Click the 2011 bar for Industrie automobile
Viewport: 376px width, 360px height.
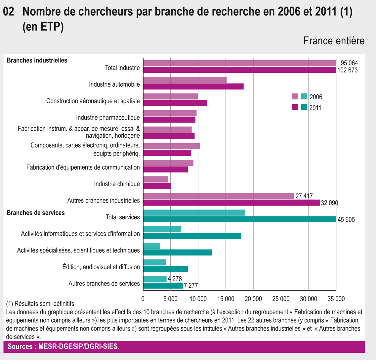[x=193, y=86]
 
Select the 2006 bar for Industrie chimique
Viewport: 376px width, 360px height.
[x=156, y=179]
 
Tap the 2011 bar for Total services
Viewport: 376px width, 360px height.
[x=240, y=219]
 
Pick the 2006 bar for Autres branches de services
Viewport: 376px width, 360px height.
[x=155, y=279]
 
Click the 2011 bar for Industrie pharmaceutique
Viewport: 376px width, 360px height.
[x=169, y=119]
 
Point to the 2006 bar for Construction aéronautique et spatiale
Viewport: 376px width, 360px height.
[x=171, y=97]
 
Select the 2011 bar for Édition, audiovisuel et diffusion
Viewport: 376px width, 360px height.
[x=165, y=269]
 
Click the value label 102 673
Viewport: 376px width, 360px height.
[x=348, y=70]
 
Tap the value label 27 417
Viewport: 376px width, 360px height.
[x=304, y=196]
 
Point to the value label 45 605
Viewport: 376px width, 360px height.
[x=346, y=220]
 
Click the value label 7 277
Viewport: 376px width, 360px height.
[x=191, y=286]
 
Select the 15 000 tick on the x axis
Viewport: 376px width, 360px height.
[x=226, y=299]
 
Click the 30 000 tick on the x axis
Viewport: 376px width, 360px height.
[x=309, y=299]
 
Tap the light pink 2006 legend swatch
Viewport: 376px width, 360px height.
[x=295, y=97]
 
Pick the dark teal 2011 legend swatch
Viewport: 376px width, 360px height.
[x=304, y=107]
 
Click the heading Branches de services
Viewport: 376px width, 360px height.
[x=36, y=213]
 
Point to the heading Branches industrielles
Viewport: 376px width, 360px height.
[x=37, y=60]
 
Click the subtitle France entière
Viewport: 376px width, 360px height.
[x=334, y=41]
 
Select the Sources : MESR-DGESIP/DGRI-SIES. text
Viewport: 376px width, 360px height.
[x=63, y=346]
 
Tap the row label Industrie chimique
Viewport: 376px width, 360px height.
[x=117, y=184]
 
